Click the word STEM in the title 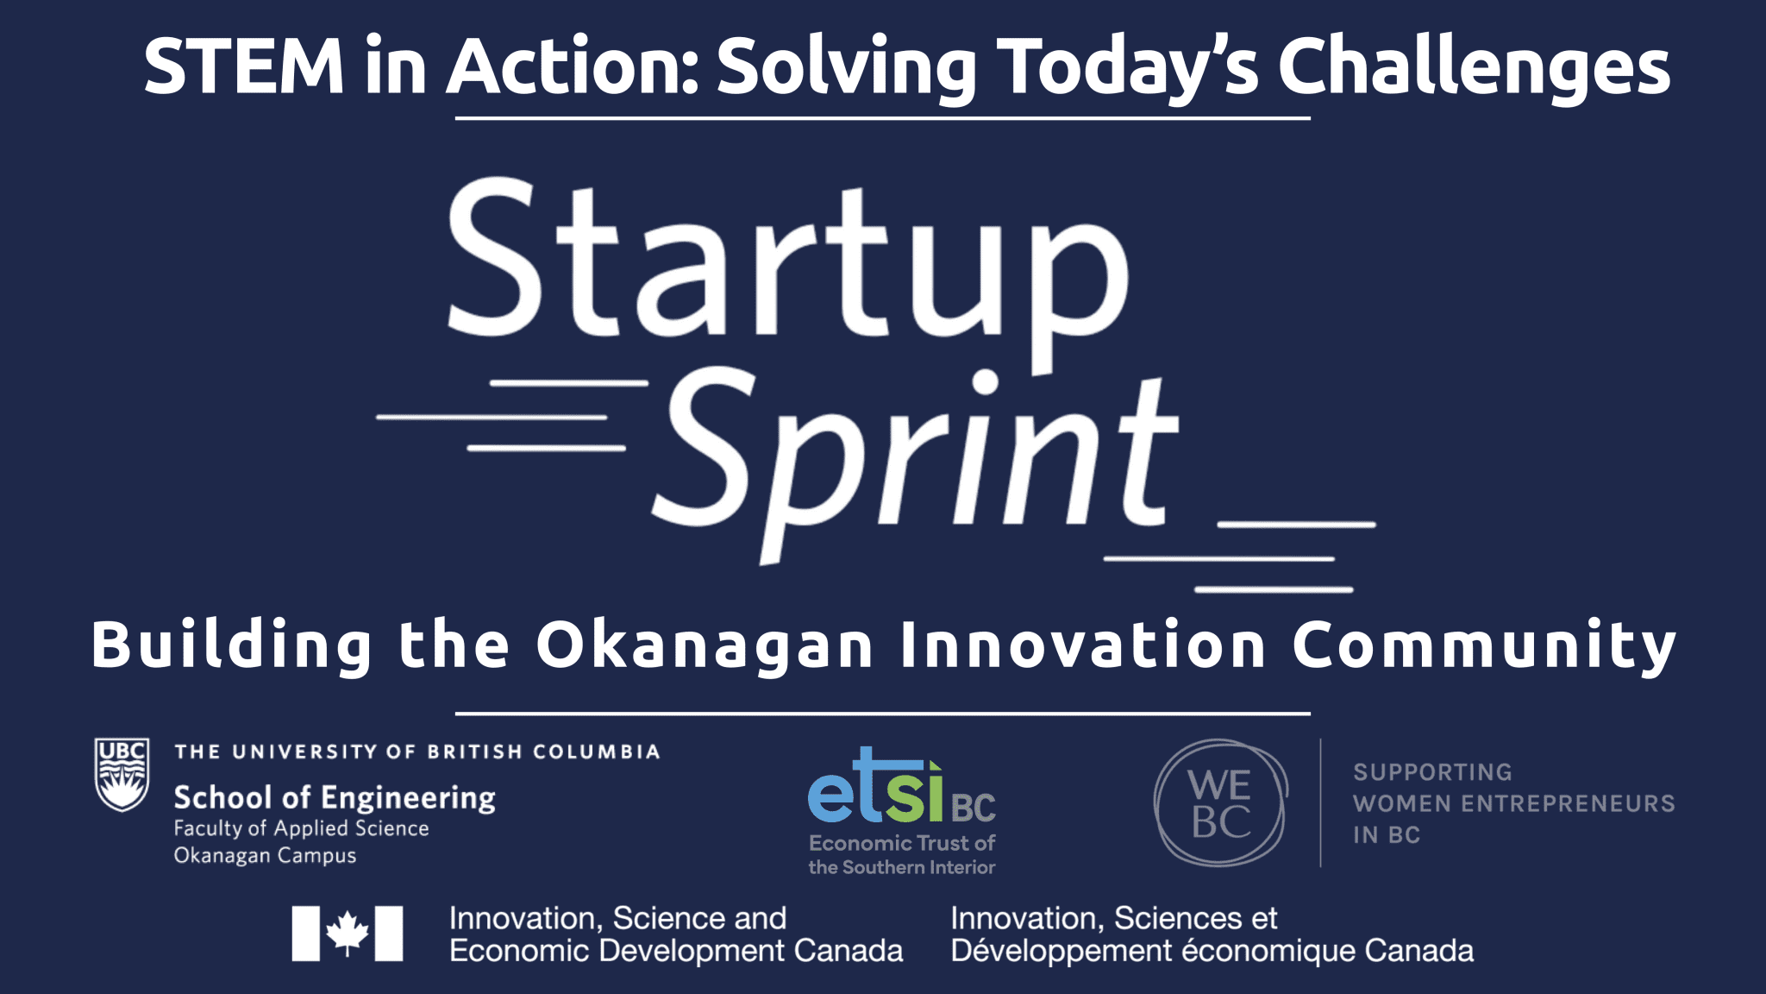[245, 66]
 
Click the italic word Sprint [916, 461]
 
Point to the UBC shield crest [122, 774]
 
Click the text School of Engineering [335, 798]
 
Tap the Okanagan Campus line [265, 856]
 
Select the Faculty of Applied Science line [301, 828]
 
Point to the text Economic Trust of [902, 843]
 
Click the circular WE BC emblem [1220, 802]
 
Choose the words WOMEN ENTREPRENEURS [1513, 803]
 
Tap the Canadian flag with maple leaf [348, 933]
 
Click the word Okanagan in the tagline [705, 646]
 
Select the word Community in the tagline [1483, 645]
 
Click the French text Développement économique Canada [1212, 951]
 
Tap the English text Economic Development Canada [676, 951]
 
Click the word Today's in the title [1129, 69]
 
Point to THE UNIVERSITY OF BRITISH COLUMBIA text [417, 752]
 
